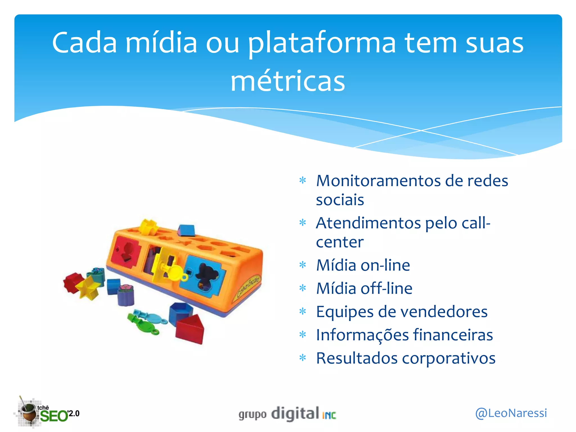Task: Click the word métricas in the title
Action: [288, 81]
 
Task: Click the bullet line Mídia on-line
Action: [363, 265]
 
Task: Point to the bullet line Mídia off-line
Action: [364, 289]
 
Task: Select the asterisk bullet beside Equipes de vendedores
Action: [303, 312]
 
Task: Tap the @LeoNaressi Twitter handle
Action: [511, 413]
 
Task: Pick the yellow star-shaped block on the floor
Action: [87, 288]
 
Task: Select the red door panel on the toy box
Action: [125, 252]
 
